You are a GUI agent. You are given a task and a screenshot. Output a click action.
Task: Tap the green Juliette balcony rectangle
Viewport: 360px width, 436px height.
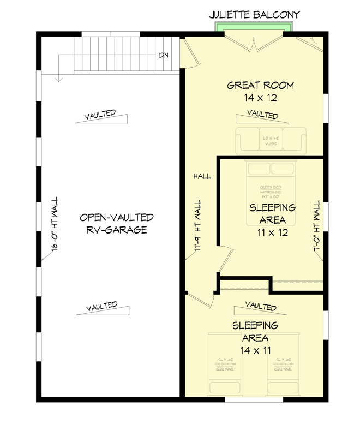point(254,28)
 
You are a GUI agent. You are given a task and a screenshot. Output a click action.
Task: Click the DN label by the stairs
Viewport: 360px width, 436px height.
point(163,55)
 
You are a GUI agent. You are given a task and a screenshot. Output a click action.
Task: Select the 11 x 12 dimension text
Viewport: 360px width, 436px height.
point(272,232)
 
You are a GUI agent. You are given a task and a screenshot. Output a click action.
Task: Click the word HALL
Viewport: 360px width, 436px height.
point(201,176)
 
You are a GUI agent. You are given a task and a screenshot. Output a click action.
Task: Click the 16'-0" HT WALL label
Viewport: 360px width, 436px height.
point(54,224)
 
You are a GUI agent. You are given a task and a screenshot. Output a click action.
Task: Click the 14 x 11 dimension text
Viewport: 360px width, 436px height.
point(255,350)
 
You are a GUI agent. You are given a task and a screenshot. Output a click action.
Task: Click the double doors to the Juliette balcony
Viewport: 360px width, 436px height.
point(253,43)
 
